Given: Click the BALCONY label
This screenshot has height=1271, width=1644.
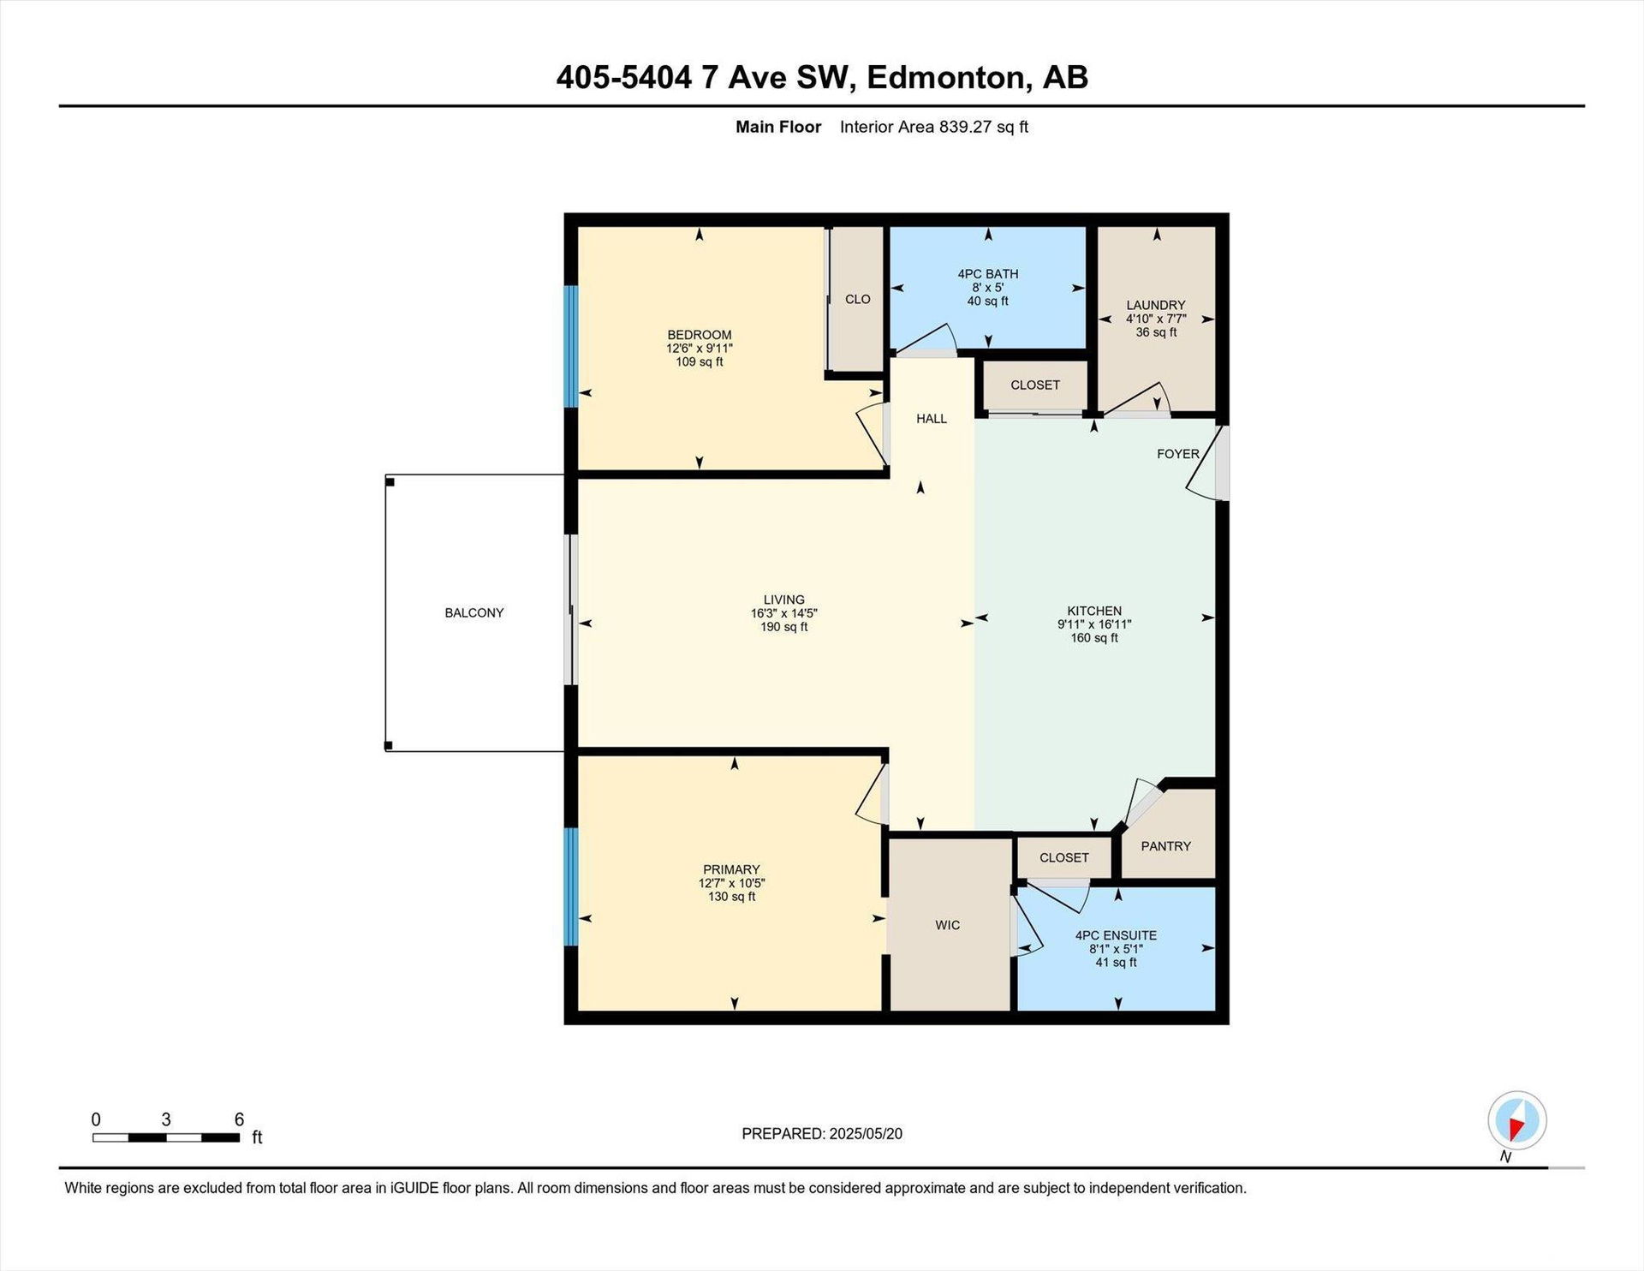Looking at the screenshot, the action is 474,612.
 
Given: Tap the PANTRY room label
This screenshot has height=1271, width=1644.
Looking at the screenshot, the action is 1166,846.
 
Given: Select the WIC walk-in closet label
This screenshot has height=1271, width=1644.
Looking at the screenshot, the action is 948,925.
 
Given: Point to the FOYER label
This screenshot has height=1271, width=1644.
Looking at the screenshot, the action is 1178,454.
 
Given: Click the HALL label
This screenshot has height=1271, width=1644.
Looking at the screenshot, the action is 932,419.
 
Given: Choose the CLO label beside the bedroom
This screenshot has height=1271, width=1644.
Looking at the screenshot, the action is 858,299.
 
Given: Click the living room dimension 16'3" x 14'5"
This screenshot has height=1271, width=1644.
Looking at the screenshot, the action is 784,613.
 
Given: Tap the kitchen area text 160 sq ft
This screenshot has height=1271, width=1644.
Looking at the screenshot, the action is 1094,638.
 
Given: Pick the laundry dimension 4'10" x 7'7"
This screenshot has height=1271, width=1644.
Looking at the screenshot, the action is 1156,319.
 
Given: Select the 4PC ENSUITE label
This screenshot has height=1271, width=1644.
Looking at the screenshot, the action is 1117,935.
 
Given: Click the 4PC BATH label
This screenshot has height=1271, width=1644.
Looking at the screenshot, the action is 988,274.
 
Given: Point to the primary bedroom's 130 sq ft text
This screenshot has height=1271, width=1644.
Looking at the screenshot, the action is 732,897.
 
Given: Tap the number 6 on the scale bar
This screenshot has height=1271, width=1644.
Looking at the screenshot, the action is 240,1119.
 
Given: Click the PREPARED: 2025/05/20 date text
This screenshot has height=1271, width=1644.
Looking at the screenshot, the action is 822,1134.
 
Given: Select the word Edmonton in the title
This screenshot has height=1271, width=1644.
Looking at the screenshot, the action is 946,78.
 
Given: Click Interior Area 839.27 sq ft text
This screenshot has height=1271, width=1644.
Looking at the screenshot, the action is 934,127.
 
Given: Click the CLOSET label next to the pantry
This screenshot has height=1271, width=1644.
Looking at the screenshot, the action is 1064,857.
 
